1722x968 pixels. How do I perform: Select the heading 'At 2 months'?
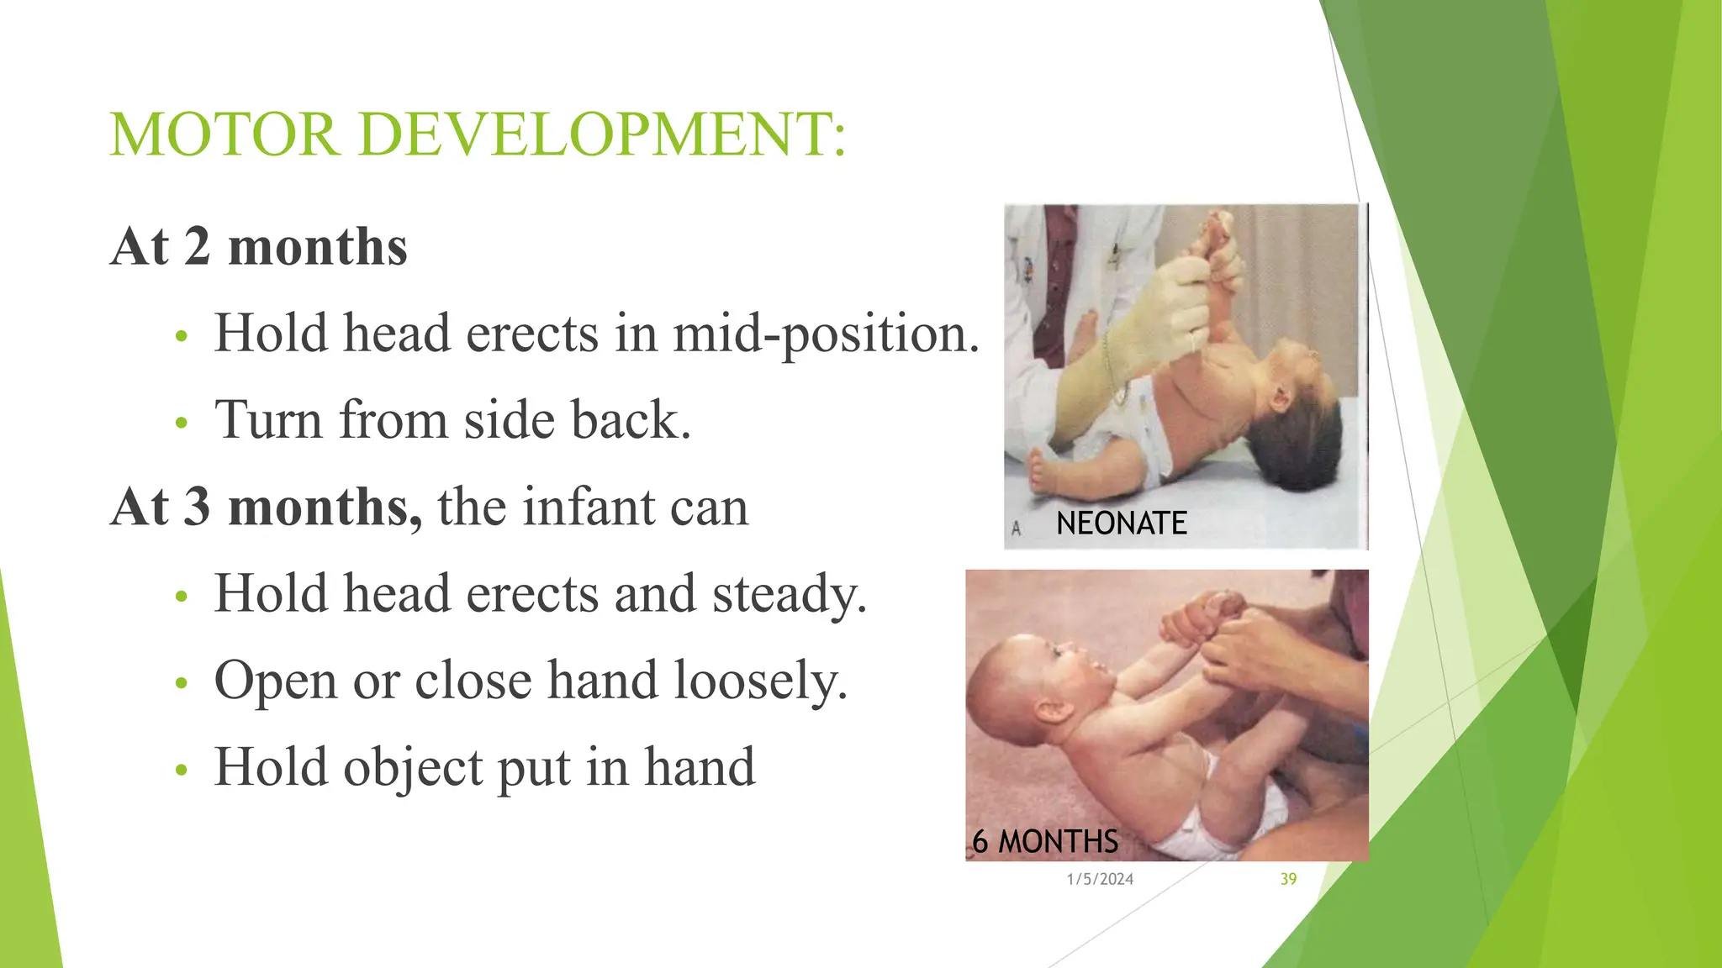259,247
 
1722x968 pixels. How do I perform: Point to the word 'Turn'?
268,419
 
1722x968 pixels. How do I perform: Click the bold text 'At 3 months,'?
267,508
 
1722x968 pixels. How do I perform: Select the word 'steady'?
789,595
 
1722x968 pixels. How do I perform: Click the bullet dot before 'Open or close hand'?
180,683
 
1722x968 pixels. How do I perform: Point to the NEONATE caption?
1121,523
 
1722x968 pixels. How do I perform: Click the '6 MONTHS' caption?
1045,841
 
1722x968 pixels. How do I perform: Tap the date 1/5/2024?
1100,879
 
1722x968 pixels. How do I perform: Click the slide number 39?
1288,879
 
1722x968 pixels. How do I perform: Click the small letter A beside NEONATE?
1016,529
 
